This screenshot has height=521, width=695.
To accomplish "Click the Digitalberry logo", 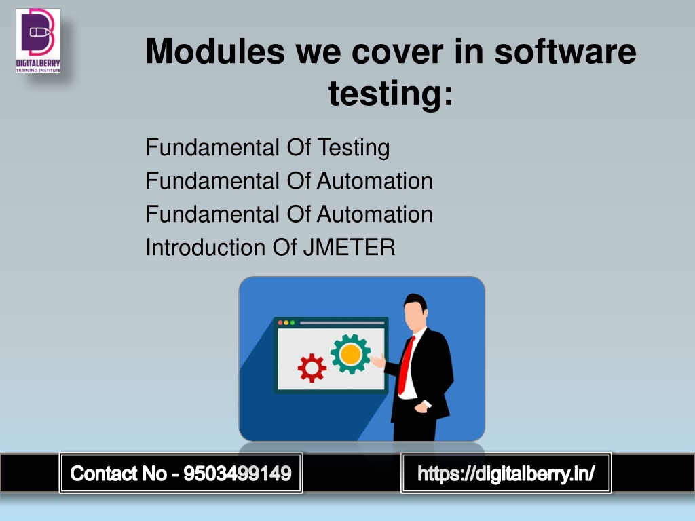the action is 38,41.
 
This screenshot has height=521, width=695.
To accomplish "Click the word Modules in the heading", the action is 215,52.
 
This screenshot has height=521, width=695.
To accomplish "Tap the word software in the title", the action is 565,52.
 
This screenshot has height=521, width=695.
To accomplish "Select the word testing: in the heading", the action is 391,93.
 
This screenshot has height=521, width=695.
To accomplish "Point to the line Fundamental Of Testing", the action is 267,147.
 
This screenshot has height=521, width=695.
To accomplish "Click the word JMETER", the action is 349,247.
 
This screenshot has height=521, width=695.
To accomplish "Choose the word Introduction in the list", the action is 206,247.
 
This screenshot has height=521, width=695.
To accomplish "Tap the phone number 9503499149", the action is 238,474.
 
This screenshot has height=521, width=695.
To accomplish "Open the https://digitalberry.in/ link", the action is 506,474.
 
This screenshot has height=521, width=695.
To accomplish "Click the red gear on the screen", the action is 312,368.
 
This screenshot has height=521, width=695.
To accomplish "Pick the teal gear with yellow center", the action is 351,354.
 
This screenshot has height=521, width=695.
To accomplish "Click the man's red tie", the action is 406,366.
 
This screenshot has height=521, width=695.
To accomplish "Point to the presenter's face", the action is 415,315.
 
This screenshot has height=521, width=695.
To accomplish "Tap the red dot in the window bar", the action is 280,323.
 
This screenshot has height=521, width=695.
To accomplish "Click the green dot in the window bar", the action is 292,323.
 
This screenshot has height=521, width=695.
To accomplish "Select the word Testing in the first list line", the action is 354,147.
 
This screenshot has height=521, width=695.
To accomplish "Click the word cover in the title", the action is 397,52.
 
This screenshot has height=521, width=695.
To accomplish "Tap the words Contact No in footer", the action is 118,474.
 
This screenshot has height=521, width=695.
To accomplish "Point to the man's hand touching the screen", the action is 378,361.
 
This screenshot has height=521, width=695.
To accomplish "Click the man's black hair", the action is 416,301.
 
